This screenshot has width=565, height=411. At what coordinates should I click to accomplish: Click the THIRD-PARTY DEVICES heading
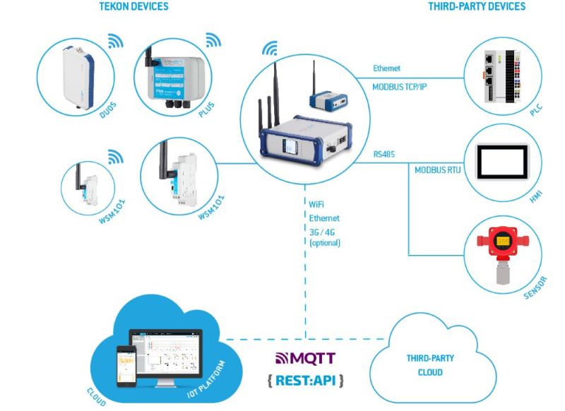(477, 6)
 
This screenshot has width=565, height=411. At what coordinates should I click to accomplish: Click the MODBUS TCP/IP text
(405, 87)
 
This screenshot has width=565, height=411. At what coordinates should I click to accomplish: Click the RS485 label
(385, 153)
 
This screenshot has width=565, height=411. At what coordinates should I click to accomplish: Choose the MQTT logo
(305, 358)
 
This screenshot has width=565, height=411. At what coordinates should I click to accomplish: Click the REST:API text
(306, 381)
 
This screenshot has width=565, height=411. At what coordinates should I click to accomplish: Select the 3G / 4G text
(324, 232)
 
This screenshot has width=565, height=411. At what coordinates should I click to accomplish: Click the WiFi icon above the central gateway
(269, 49)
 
